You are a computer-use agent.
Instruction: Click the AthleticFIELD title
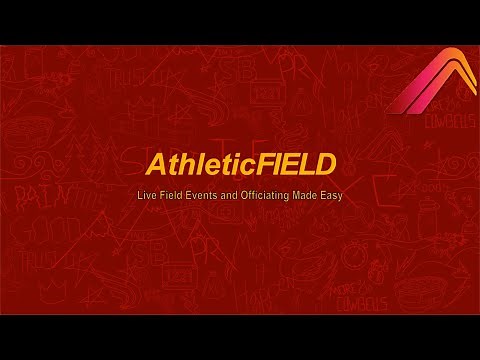pyautogui.click(x=239, y=163)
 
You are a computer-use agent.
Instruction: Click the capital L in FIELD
pyautogui.click(x=304, y=163)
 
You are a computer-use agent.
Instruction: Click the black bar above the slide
pyautogui.click(x=240, y=22)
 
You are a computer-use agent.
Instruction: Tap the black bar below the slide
pyautogui.click(x=240, y=337)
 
